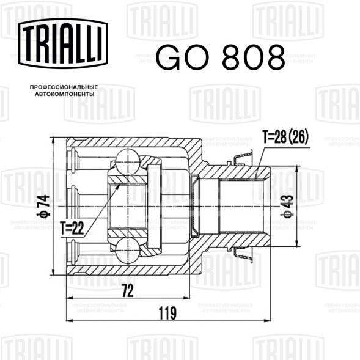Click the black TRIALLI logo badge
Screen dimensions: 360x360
(x=63, y=43)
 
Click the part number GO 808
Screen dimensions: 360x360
(x=221, y=57)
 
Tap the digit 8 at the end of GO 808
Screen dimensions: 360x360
(x=273, y=57)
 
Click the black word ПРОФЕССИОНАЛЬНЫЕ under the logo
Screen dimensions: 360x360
(x=64, y=87)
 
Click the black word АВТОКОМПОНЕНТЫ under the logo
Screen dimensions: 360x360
(x=65, y=94)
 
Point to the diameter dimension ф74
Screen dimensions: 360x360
(x=43, y=206)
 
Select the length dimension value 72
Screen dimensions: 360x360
(x=128, y=291)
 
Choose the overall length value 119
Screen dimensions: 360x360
(x=167, y=313)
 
